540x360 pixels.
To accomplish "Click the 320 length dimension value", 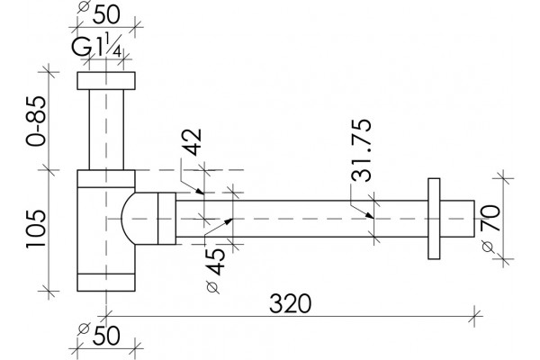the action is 290,303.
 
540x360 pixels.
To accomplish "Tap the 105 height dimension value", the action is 36,229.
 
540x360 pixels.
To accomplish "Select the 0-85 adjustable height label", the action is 36,121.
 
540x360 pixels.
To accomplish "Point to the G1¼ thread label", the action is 96,47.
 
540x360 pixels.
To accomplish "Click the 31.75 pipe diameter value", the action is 362,150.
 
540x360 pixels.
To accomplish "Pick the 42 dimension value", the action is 192,142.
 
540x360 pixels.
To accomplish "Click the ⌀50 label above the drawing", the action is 99,13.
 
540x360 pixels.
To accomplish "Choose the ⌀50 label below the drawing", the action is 99,335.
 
